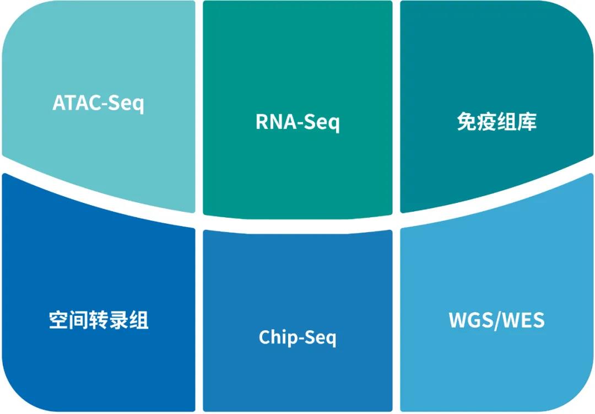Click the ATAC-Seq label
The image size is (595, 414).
click(x=98, y=103)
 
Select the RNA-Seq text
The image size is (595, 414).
click(x=297, y=122)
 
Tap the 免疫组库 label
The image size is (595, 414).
click(x=496, y=122)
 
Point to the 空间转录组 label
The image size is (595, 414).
click(x=98, y=320)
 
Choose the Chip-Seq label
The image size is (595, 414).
click(x=297, y=337)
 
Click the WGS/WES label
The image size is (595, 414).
click(x=496, y=320)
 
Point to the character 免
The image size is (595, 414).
click(x=467, y=122)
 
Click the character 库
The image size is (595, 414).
click(x=527, y=122)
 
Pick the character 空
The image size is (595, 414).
click(x=58, y=320)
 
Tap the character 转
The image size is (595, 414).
click(x=98, y=320)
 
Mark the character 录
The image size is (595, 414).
click(x=118, y=320)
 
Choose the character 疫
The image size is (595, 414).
click(x=486, y=122)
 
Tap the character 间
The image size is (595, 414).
click(x=79, y=320)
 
